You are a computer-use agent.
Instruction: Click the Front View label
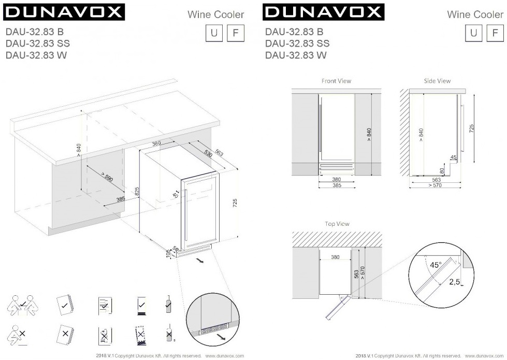pyautogui.click(x=336, y=81)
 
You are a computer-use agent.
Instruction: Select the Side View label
pyautogui.click(x=437, y=81)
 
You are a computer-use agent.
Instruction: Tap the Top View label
pyautogui.click(x=337, y=224)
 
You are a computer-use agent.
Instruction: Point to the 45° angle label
pyautogui.click(x=436, y=265)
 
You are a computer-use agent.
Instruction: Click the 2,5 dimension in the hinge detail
pyautogui.click(x=454, y=282)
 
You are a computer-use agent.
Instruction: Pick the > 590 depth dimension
pyautogui.click(x=107, y=177)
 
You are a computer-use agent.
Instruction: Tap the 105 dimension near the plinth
pyautogui.click(x=168, y=253)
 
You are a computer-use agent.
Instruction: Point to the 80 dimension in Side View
pyautogui.click(x=442, y=171)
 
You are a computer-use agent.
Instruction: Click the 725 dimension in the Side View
pyautogui.click(x=471, y=128)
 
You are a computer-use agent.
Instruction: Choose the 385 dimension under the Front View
pyautogui.click(x=337, y=185)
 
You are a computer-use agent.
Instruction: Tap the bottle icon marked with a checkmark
pyautogui.click(x=168, y=304)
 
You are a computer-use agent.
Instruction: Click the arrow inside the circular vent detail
pyautogui.click(x=222, y=338)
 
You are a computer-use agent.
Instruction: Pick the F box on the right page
pyautogui.click(x=495, y=33)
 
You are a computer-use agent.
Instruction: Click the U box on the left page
pyautogui.click(x=214, y=33)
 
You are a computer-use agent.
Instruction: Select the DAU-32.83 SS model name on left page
pyautogui.click(x=37, y=44)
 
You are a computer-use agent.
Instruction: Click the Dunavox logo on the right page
pyautogui.click(x=323, y=12)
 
